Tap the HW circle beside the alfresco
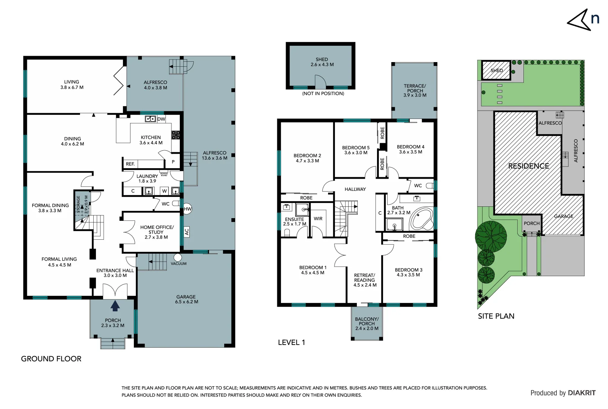(187, 209)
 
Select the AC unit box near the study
(186, 232)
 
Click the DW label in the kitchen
(161, 119)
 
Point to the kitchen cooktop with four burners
(176, 135)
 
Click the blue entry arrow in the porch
(115, 306)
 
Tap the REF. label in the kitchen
(130, 164)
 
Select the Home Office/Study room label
(157, 232)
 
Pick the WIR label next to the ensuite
(318, 219)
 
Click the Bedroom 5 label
(355, 150)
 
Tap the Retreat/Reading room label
(364, 280)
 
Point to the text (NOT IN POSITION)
(323, 94)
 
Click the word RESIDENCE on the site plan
(528, 166)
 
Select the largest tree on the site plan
(491, 236)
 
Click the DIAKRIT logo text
(581, 393)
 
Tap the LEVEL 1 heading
(291, 342)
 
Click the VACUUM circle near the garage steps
(178, 258)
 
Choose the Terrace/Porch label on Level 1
(415, 91)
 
